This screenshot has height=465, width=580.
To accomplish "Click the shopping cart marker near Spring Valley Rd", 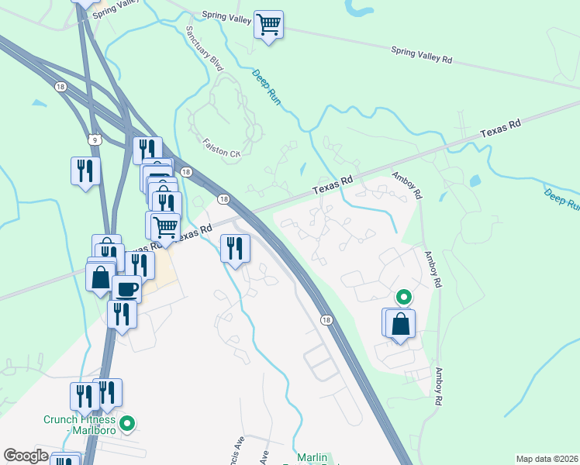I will (268, 25).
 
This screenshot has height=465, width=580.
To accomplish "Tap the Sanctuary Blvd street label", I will (205, 49).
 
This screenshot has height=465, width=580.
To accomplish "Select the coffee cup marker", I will (126, 290).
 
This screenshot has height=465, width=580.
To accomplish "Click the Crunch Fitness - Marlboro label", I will (79, 425).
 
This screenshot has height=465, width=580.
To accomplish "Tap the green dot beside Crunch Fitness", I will (129, 423).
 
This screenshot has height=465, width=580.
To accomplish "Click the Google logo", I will (26, 456).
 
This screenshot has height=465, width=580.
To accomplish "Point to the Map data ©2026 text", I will (547, 458).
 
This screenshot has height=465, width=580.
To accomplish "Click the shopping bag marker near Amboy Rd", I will (400, 323).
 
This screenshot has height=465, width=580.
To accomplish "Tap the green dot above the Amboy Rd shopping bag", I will (403, 297).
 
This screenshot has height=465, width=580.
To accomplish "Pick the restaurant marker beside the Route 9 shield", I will (85, 171).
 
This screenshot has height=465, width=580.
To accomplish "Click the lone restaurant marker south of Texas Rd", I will (234, 249).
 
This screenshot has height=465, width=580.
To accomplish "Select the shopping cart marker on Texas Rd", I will (164, 227).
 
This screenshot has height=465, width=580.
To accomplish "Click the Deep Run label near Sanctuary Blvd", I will (266, 88).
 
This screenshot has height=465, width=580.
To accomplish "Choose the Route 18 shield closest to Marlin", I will (326, 320).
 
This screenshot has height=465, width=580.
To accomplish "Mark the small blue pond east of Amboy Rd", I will (475, 181).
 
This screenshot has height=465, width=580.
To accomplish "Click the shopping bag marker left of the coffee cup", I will (101, 277).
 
